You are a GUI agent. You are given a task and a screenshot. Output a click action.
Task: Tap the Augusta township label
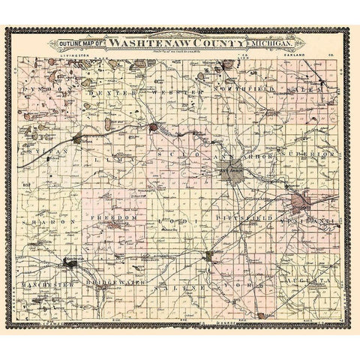coord(303,279)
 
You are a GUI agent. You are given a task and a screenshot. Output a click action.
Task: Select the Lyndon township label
coord(51,89)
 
